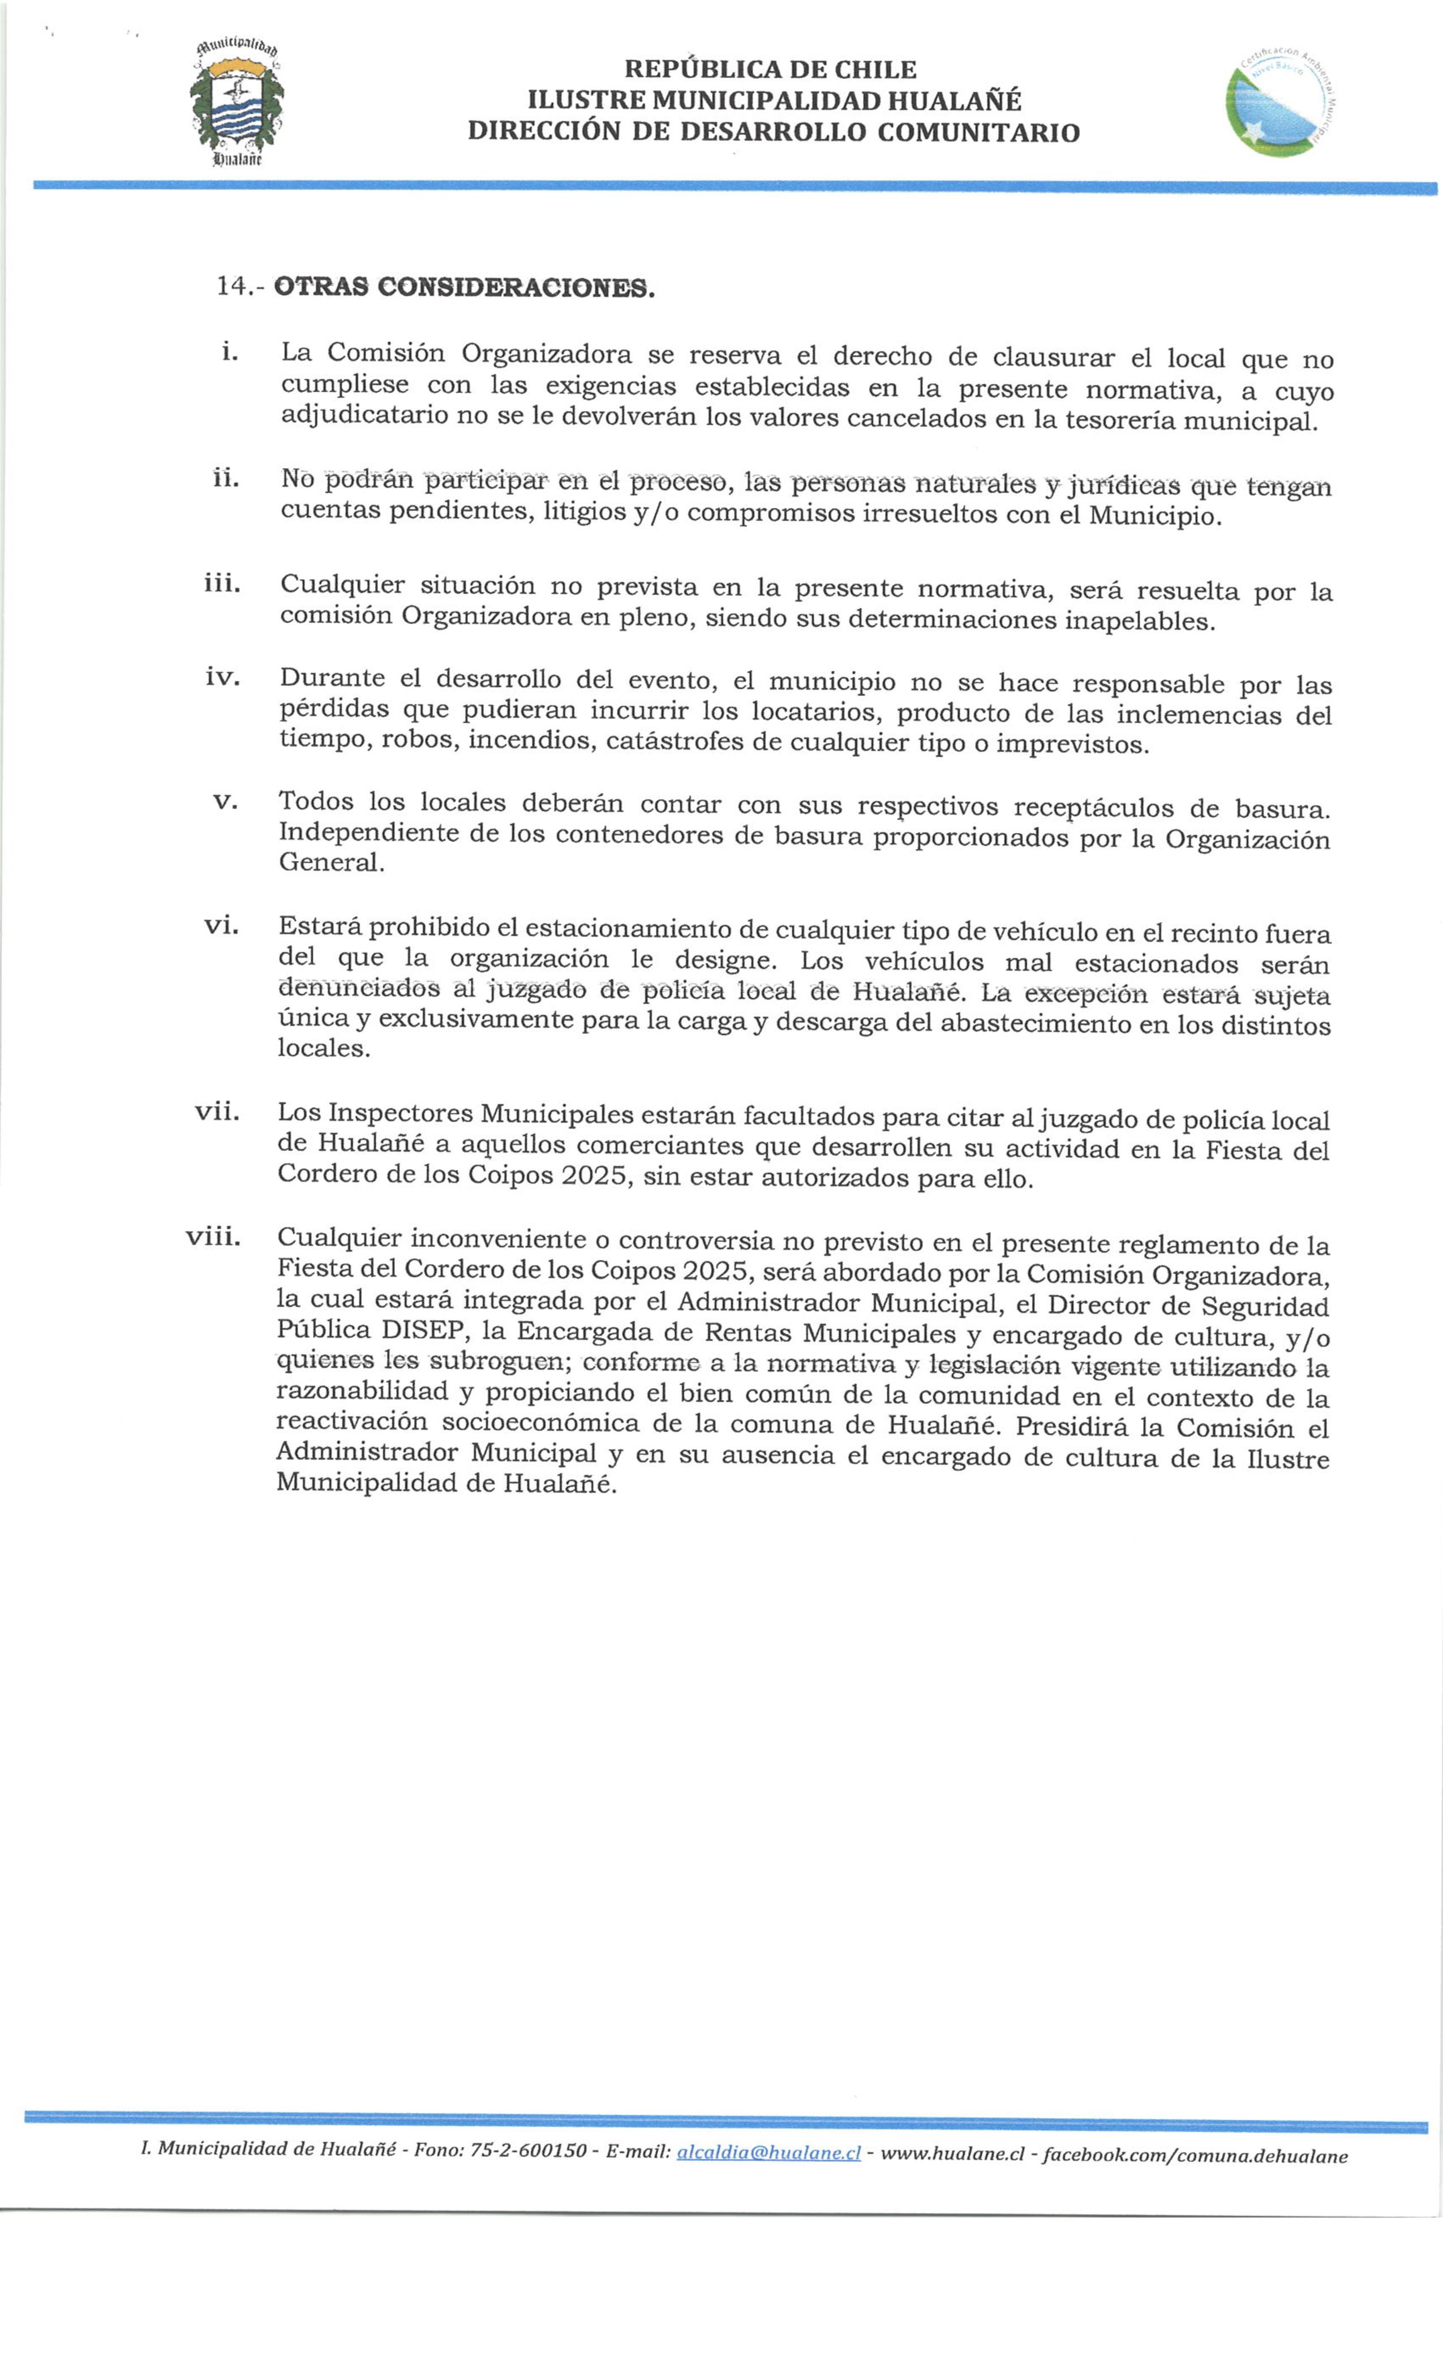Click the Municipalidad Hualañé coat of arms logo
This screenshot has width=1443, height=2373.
[x=236, y=105]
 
